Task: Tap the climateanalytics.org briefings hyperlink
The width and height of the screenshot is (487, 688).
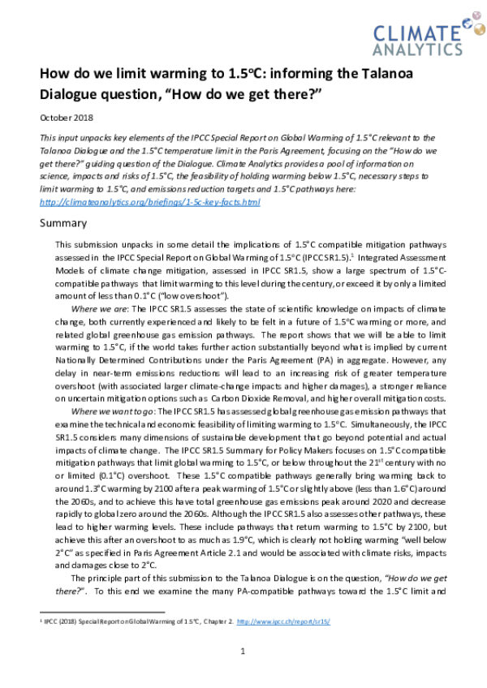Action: click(x=150, y=201)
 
